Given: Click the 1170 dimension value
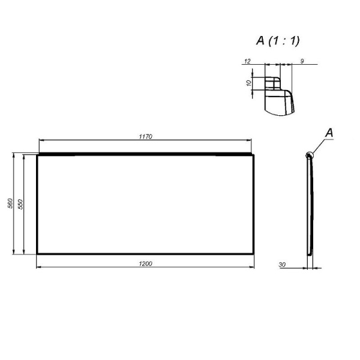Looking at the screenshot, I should (146, 136).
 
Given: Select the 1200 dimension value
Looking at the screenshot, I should (146, 263).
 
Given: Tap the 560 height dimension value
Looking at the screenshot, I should (10, 204).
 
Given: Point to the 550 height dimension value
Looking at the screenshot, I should (20, 204).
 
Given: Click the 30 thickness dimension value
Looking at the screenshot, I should (282, 263).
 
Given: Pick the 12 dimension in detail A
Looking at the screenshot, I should (247, 61).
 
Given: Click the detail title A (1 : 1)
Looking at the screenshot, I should (278, 41).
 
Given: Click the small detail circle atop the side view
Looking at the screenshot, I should (309, 155).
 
